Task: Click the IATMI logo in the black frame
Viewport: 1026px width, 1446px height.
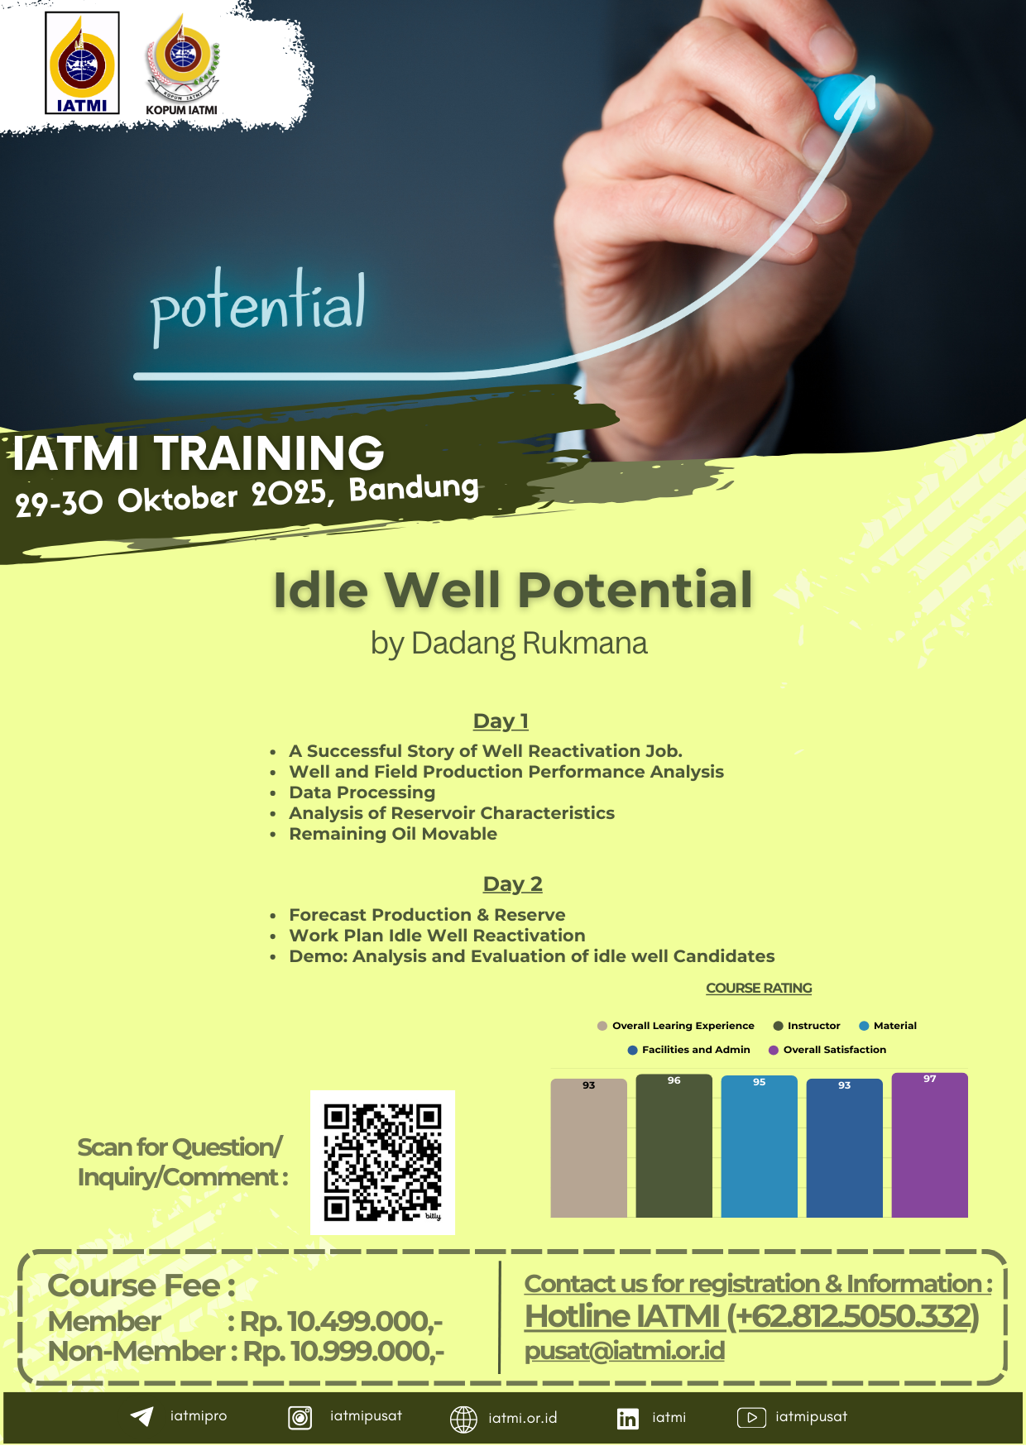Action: pos(82,63)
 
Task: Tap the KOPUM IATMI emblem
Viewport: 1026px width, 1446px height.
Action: pos(182,65)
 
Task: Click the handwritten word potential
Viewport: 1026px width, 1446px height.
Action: pos(257,305)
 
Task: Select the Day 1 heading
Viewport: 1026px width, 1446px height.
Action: pos(501,721)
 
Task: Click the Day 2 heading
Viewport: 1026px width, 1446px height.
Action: pos(513,884)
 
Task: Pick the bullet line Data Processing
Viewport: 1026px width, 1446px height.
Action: pos(362,792)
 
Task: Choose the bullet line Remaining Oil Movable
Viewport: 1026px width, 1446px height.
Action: pos(393,834)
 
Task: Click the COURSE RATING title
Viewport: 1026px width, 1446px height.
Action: pos(759,989)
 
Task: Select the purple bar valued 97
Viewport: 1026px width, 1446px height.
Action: pos(930,1145)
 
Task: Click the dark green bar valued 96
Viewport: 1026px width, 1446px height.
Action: pos(674,1146)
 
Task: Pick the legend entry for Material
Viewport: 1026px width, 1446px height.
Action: pos(888,1026)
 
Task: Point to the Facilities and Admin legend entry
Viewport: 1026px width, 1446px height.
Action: pos(689,1050)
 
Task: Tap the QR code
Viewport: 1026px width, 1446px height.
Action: pos(382,1162)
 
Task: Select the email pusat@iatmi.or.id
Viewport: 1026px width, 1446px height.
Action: pos(625,1351)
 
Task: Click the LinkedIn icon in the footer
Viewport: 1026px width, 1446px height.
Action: pos(628,1419)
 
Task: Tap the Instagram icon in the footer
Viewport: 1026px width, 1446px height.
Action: pos(300,1418)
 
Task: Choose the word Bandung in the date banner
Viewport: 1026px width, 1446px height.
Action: pos(414,489)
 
